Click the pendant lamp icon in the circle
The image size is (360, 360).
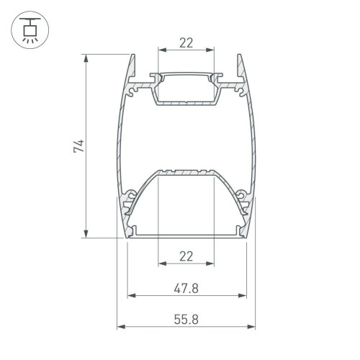tap(30, 30)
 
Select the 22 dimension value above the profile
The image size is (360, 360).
tap(186, 42)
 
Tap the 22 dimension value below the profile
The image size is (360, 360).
tap(186, 256)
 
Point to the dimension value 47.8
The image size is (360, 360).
tap(186, 287)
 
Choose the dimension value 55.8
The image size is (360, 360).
tap(186, 318)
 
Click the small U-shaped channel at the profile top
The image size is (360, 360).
tap(186, 90)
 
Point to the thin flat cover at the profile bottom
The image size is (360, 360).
tap(186, 234)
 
